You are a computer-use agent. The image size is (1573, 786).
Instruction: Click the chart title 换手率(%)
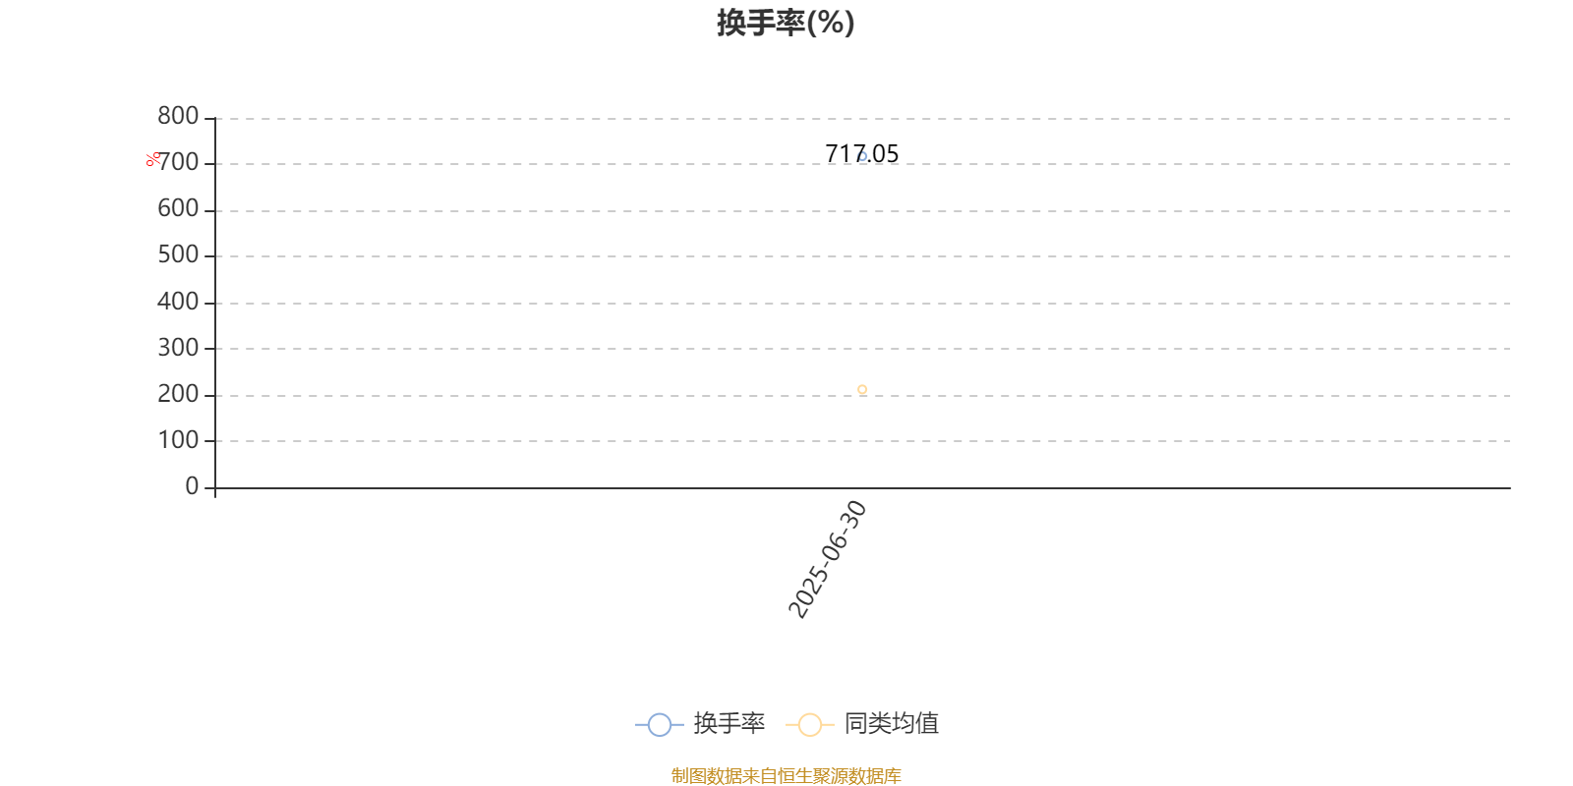[786, 24]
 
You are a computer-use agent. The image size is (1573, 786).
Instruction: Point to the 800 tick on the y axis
[178, 116]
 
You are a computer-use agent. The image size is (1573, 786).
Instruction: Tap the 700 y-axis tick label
[178, 162]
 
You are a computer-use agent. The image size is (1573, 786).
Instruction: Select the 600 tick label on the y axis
[178, 208]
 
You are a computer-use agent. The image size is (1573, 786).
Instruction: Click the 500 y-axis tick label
[178, 254]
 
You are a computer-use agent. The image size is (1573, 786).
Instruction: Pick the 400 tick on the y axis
[178, 302]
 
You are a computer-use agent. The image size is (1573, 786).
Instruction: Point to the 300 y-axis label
[178, 348]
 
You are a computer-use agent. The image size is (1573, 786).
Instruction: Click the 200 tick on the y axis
[178, 394]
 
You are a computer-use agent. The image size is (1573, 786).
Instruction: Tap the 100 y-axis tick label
[178, 440]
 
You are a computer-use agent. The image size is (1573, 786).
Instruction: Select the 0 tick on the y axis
[192, 485]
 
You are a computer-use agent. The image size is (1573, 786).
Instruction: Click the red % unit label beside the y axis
[152, 159]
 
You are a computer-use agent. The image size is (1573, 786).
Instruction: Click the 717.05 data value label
[861, 153]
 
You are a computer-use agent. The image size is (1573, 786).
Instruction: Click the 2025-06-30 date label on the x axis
[827, 559]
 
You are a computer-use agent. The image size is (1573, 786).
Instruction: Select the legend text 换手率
[728, 723]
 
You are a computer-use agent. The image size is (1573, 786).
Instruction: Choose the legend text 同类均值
[891, 723]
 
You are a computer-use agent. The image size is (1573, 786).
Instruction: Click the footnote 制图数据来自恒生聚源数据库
[786, 775]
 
